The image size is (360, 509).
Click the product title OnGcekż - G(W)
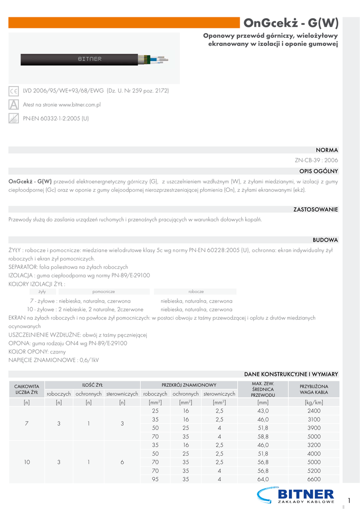tap(291, 23)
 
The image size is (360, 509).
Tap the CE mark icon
tap(14, 91)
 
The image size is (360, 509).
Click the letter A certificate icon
tap(14, 105)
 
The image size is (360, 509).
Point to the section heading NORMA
tap(327, 150)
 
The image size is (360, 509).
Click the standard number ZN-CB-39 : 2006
tap(316, 161)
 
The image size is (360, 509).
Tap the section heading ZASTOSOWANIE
tap(316, 209)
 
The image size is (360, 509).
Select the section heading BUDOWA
tap(325, 240)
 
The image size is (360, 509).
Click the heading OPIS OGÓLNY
tap(318, 171)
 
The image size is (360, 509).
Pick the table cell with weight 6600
tap(314, 479)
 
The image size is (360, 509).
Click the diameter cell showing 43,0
tap(263, 411)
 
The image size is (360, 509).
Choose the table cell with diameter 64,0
tap(263, 479)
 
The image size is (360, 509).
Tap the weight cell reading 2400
tap(314, 411)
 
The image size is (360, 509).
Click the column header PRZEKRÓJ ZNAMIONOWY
tap(189, 385)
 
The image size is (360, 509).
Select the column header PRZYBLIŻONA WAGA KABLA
tap(314, 389)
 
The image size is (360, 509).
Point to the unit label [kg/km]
tap(314, 403)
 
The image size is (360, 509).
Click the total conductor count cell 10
tap(27, 462)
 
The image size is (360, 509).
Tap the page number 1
tap(350, 500)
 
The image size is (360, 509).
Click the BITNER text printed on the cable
tap(90, 59)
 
